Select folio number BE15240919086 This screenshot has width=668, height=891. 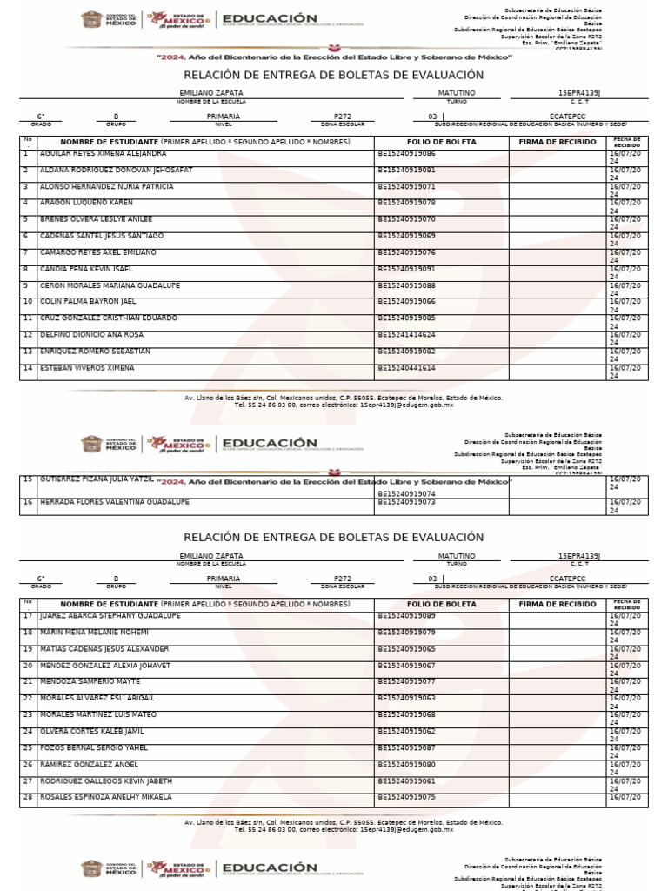[406, 153]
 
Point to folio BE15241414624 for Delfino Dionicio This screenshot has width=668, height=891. [406, 335]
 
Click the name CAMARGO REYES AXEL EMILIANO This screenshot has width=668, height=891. [98, 252]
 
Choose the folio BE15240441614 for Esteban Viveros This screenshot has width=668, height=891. [406, 368]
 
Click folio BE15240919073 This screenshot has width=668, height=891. [406, 502]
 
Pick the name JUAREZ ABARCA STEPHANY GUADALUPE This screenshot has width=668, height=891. [110, 616]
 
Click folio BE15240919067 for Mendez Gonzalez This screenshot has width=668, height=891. [406, 666]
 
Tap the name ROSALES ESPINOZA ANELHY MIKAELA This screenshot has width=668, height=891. [106, 797]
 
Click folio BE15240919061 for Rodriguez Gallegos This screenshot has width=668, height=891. [406, 780]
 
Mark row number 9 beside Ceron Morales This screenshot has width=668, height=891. [26, 285]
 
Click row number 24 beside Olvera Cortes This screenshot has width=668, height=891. [27, 731]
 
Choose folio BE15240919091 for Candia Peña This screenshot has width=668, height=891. [406, 269]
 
